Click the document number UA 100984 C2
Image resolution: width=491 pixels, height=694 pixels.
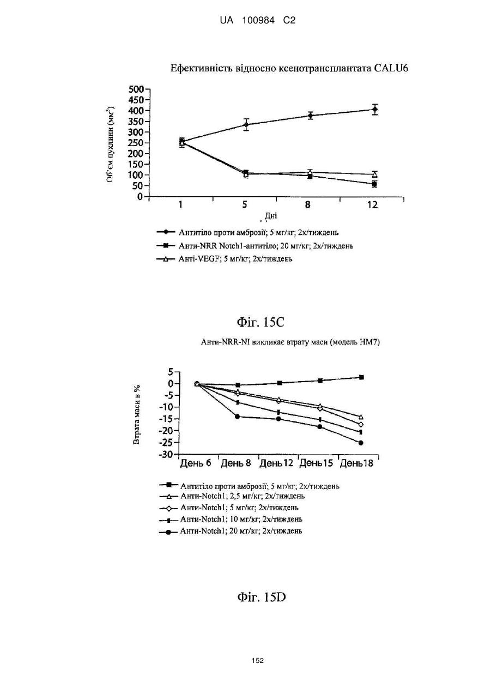(x=258, y=21)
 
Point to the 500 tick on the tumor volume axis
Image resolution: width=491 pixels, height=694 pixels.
(x=136, y=89)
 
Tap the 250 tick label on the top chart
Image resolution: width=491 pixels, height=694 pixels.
(x=136, y=143)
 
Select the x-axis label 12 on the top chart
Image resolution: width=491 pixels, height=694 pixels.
(x=373, y=205)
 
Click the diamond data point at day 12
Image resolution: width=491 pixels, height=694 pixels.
(x=375, y=110)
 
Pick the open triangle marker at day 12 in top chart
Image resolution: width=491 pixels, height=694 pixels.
(x=375, y=174)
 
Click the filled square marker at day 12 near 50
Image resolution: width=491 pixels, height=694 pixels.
(x=374, y=184)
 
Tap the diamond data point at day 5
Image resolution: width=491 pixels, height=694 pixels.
(x=246, y=125)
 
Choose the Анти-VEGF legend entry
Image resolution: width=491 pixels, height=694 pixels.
(x=225, y=259)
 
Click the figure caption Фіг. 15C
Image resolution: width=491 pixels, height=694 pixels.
(x=260, y=323)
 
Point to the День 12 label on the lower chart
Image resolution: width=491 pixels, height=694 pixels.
(x=276, y=463)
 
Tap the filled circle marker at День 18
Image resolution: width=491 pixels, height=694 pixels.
(x=361, y=443)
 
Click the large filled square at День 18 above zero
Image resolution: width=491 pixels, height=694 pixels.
(x=361, y=377)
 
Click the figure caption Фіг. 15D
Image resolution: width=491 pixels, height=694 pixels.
(x=261, y=597)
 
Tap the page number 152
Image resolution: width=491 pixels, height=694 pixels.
(x=258, y=660)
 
